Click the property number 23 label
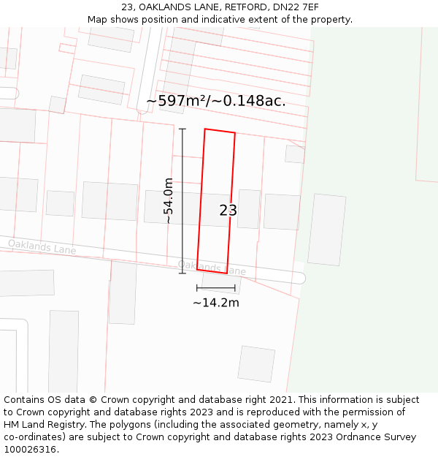228,211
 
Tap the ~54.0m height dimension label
168,200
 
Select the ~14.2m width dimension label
215,303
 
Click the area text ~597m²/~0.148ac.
216,101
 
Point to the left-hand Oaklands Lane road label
42,247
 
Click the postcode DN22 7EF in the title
294,7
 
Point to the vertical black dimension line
182,201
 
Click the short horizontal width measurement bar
215,288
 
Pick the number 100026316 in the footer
30,450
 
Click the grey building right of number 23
249,209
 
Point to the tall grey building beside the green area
326,230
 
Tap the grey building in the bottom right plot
256,363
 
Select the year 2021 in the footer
282,400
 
